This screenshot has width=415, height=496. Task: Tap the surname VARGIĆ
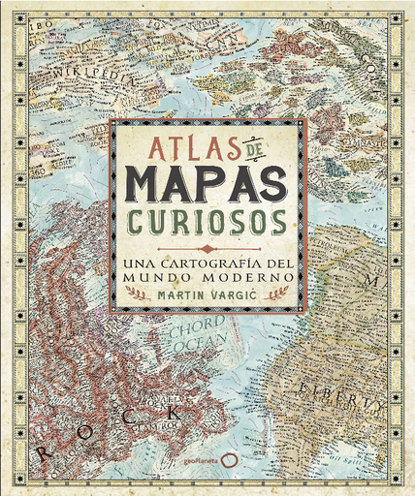click(234, 293)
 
